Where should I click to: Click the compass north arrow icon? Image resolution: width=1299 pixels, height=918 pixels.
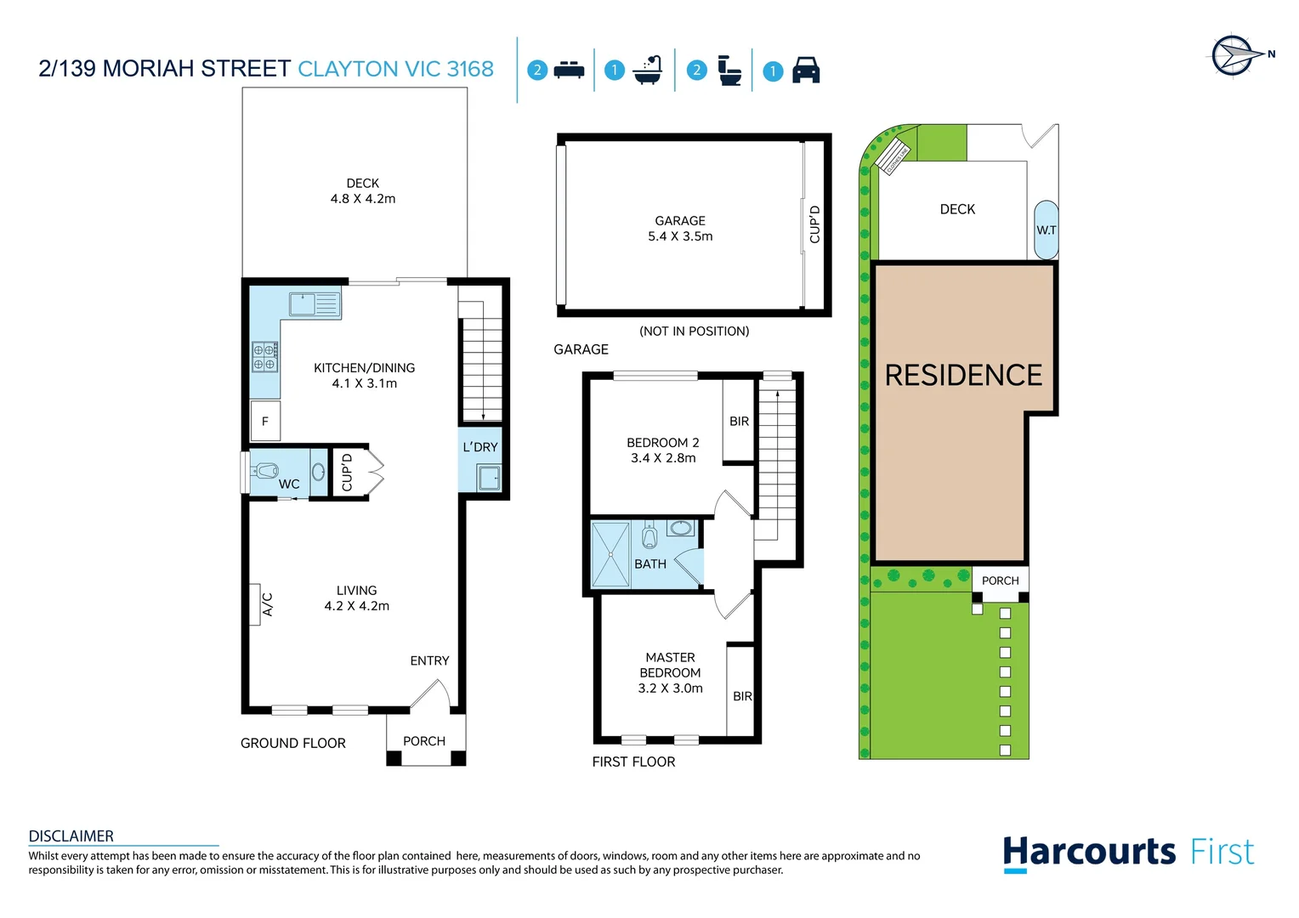tap(1234, 56)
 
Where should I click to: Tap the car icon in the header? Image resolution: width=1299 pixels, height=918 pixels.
tap(805, 71)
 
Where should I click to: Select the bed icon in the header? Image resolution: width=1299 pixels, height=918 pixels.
tap(569, 71)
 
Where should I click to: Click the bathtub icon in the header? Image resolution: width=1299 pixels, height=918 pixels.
tap(648, 71)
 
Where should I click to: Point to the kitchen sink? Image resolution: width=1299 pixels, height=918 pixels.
tap(314, 303)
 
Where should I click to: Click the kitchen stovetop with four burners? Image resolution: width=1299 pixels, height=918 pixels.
tap(265, 357)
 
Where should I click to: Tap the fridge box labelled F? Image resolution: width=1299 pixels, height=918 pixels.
tap(265, 421)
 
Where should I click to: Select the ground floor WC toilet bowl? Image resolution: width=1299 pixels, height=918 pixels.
tap(268, 470)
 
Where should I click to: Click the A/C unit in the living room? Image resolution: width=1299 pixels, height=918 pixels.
tap(255, 604)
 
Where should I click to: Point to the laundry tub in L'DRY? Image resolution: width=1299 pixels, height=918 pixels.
tap(489, 478)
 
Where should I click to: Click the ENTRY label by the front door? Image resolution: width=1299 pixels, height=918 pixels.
tap(429, 660)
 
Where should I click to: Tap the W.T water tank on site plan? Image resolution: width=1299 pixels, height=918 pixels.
tap(1046, 230)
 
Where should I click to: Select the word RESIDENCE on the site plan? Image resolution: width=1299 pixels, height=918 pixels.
tap(963, 375)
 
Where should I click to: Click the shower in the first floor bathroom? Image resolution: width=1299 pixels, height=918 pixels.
tap(610, 554)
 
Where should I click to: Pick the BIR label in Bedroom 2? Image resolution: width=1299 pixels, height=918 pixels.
tap(739, 421)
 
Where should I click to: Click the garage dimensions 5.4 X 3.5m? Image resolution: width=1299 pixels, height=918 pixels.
tap(680, 236)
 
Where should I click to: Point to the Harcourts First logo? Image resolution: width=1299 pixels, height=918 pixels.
tap(1128, 853)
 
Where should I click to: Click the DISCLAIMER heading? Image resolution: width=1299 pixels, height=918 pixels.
tap(71, 836)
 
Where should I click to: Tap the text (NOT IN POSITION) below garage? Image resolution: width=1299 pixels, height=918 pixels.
tap(694, 331)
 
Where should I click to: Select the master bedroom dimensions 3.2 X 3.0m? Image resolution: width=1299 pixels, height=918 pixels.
tap(670, 688)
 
